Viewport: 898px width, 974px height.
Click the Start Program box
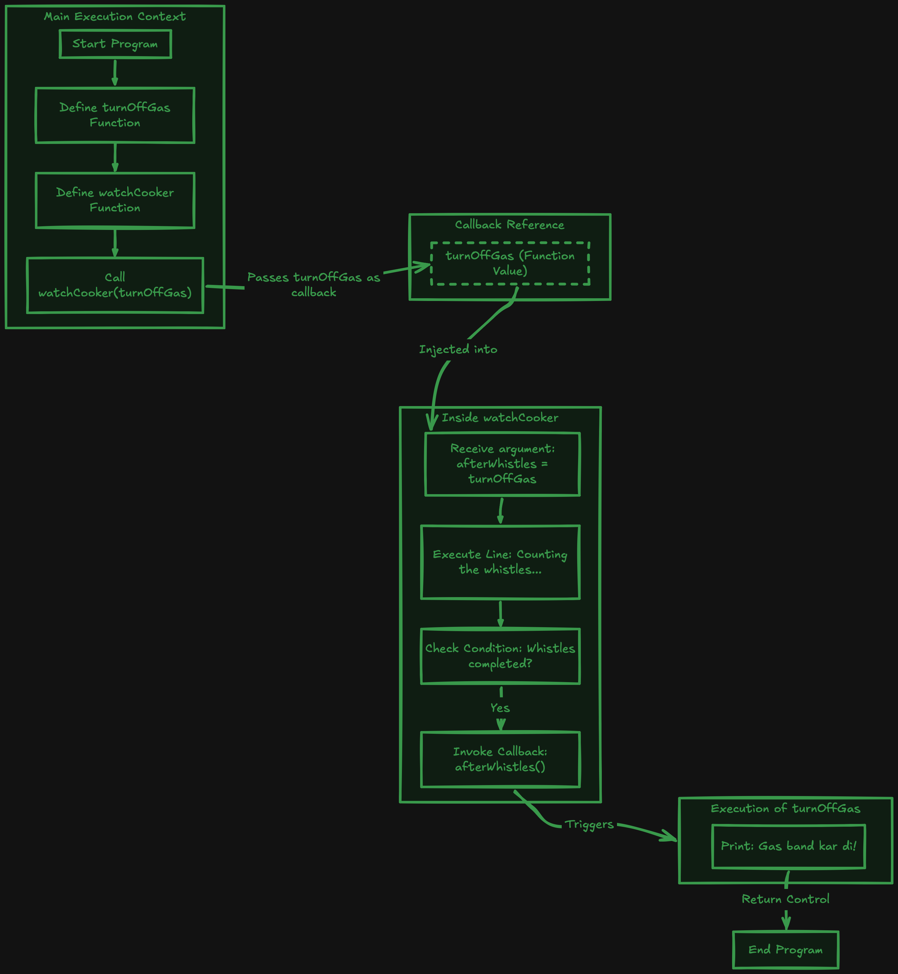(115, 44)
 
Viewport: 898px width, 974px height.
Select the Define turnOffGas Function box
(115, 115)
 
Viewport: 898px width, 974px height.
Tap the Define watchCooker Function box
(115, 200)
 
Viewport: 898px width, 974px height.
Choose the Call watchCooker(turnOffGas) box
(115, 285)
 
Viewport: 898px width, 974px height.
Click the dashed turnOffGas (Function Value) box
(510, 263)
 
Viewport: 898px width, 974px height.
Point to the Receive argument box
(502, 464)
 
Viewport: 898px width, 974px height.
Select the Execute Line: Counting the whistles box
(501, 562)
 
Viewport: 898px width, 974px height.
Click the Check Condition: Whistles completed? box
(501, 656)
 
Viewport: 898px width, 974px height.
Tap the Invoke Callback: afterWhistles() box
(501, 759)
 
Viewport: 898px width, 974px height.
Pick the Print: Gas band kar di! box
(789, 846)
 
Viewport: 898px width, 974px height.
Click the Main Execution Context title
(115, 16)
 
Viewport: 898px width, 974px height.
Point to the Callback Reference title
(510, 224)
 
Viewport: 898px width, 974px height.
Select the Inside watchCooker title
(500, 418)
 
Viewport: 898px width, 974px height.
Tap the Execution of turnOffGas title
(786, 808)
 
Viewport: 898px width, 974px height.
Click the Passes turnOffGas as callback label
(314, 285)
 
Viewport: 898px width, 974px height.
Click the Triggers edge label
(589, 825)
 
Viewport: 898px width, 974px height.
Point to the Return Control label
(786, 899)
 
